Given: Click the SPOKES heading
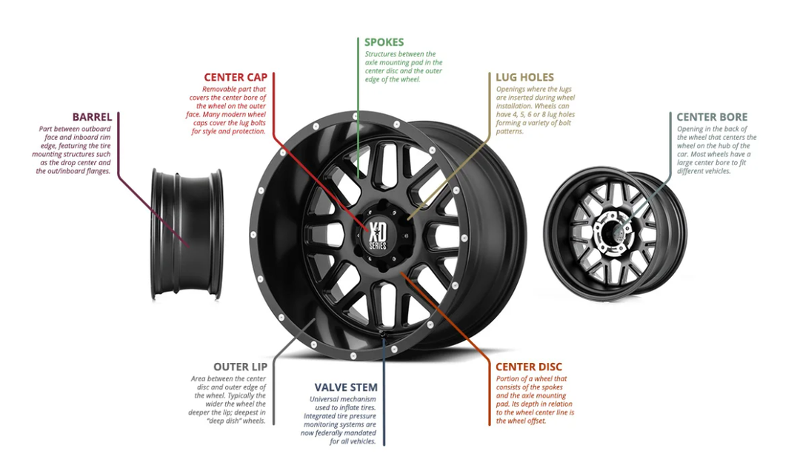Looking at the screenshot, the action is (x=384, y=42).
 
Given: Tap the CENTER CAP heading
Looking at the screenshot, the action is (x=236, y=78).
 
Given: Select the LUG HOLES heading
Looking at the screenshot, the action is (x=524, y=78).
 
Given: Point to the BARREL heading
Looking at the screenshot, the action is (x=92, y=117).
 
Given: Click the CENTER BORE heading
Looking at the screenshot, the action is (x=712, y=117).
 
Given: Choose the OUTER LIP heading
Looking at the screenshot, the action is (x=240, y=367).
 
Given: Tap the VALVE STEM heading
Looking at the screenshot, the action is (x=346, y=388).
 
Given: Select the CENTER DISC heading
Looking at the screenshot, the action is (x=529, y=367).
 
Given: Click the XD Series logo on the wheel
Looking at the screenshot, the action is (x=378, y=235).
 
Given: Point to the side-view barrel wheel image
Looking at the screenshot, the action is (x=187, y=234).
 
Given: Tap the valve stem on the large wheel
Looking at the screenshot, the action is (x=382, y=333).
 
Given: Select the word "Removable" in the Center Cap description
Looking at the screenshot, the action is (x=219, y=90).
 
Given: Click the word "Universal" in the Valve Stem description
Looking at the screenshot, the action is (x=325, y=400).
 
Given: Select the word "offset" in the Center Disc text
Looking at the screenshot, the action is (x=536, y=421).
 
